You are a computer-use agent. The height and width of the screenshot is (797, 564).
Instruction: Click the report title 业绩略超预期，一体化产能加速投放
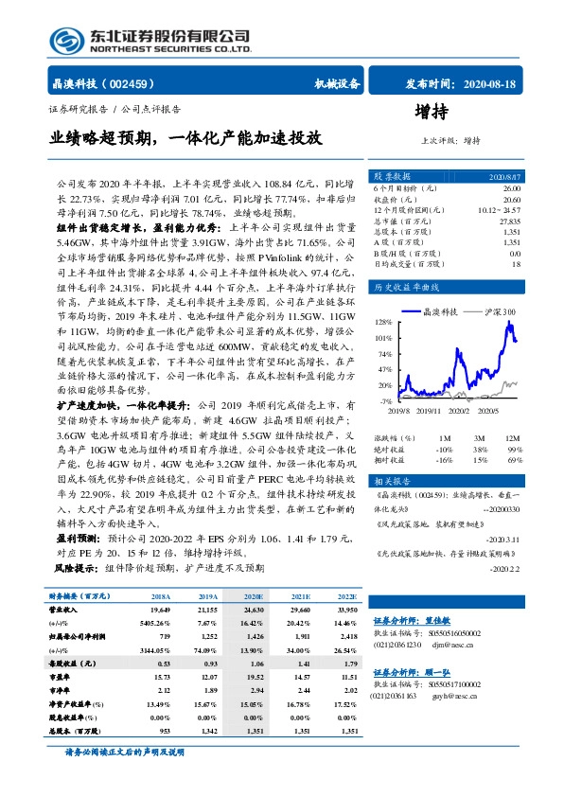(x=185, y=139)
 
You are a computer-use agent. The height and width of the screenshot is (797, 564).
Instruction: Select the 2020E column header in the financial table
(x=252, y=597)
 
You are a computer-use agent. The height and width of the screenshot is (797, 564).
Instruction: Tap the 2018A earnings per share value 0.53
(x=161, y=664)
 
